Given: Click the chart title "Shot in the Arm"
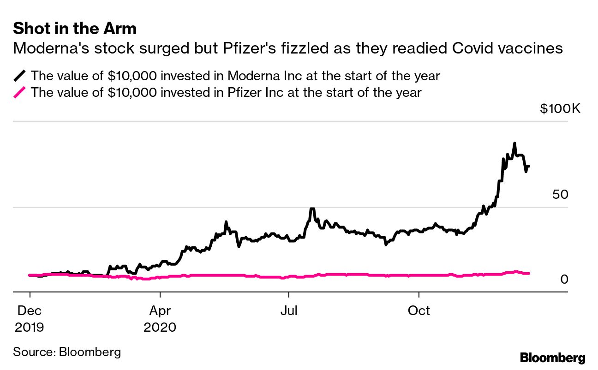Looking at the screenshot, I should point(75,29).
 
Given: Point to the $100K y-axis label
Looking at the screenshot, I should point(560,109).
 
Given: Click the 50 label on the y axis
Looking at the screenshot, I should point(560,195).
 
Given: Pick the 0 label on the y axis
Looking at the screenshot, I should point(564,280).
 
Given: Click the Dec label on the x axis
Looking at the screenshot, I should point(30,310).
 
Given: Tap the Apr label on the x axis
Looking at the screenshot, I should point(160,310).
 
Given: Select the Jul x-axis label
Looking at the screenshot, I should point(288,310).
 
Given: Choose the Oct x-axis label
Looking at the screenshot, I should point(419,310).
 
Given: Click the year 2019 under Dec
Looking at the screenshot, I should point(30,327).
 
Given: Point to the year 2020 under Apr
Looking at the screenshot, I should point(160,327).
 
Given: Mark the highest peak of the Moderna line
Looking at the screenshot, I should point(514,143).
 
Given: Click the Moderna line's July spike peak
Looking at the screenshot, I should point(312,209).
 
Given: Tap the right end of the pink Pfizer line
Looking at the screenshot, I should point(529,274).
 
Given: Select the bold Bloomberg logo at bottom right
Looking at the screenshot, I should point(552,358).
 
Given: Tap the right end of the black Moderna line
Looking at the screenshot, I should point(529,166).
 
